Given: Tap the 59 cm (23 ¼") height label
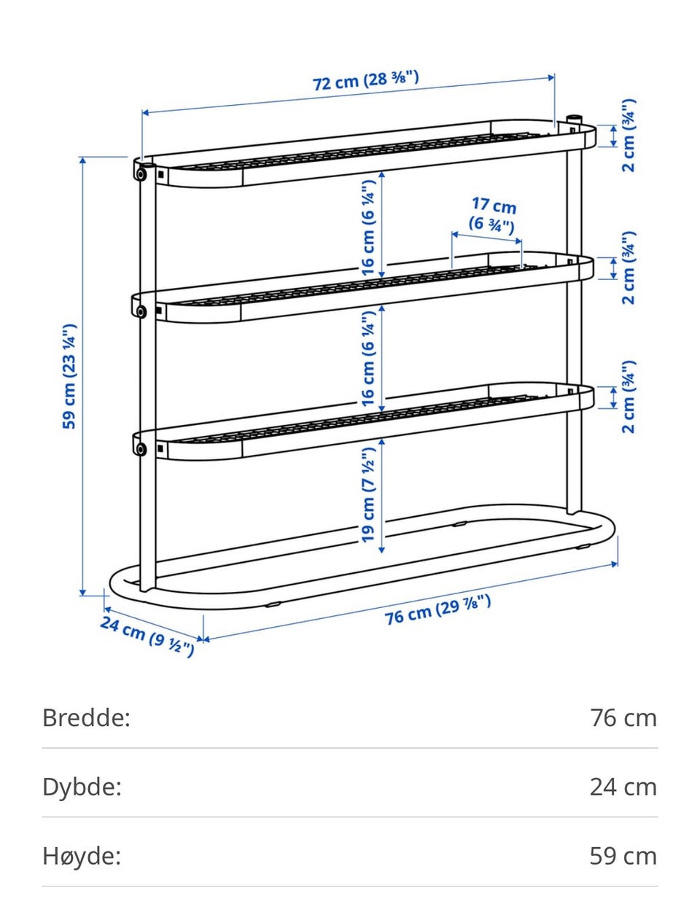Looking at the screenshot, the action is point(69,376).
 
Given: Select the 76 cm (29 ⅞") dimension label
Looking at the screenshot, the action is point(437,609).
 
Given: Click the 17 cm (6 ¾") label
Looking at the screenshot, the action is point(493,215).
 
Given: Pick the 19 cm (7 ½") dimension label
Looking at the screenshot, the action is point(367,495).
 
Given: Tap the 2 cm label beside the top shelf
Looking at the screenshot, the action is point(629,136).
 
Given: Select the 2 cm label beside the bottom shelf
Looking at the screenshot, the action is point(629,397).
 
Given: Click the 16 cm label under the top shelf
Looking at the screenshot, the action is point(367,227).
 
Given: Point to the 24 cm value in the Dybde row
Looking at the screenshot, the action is point(623,787).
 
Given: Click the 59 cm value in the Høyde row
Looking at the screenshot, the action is point(623,856).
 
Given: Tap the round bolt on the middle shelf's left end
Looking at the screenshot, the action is point(141,311).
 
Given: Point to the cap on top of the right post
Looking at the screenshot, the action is point(574,118).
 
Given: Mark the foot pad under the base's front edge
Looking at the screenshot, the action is point(273,604).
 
